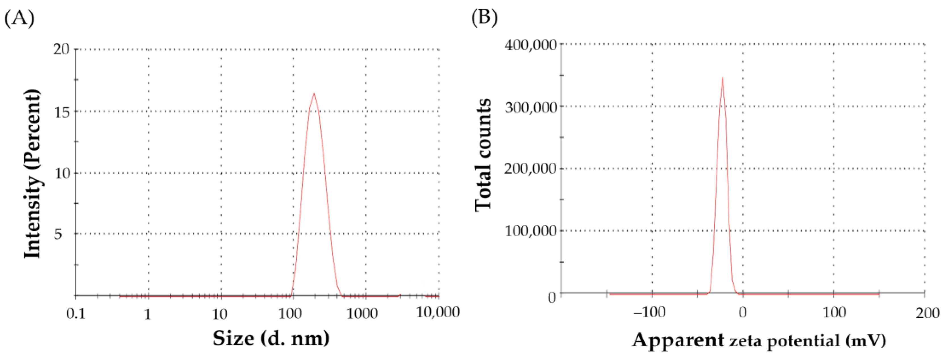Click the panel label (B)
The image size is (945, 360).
[484, 18]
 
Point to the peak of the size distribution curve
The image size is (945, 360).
[314, 93]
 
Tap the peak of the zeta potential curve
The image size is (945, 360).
[722, 78]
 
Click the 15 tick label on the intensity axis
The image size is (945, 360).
[62, 112]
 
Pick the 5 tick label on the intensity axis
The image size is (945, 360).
[58, 234]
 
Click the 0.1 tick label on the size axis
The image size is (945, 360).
[76, 314]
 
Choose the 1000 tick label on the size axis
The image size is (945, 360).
[363, 314]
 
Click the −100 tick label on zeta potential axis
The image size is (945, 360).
[649, 313]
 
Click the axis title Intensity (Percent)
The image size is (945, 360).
[32, 173]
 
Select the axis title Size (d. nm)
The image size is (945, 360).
[271, 338]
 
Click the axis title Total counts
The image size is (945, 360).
[483, 154]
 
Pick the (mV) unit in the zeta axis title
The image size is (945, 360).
[866, 341]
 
